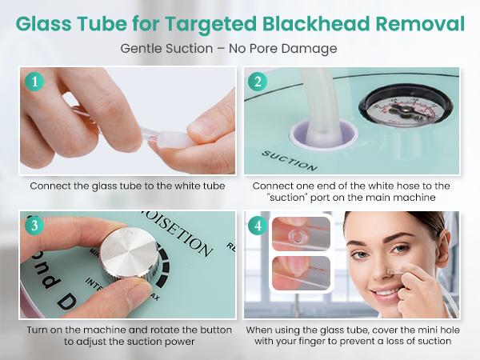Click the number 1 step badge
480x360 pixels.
pos(33,82)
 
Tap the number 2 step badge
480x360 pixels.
pos(258,82)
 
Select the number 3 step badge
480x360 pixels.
pos(33,226)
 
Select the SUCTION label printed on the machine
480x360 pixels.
pos(290,159)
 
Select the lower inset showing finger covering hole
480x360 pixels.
pos(301,274)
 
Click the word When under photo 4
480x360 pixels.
pos(264,330)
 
